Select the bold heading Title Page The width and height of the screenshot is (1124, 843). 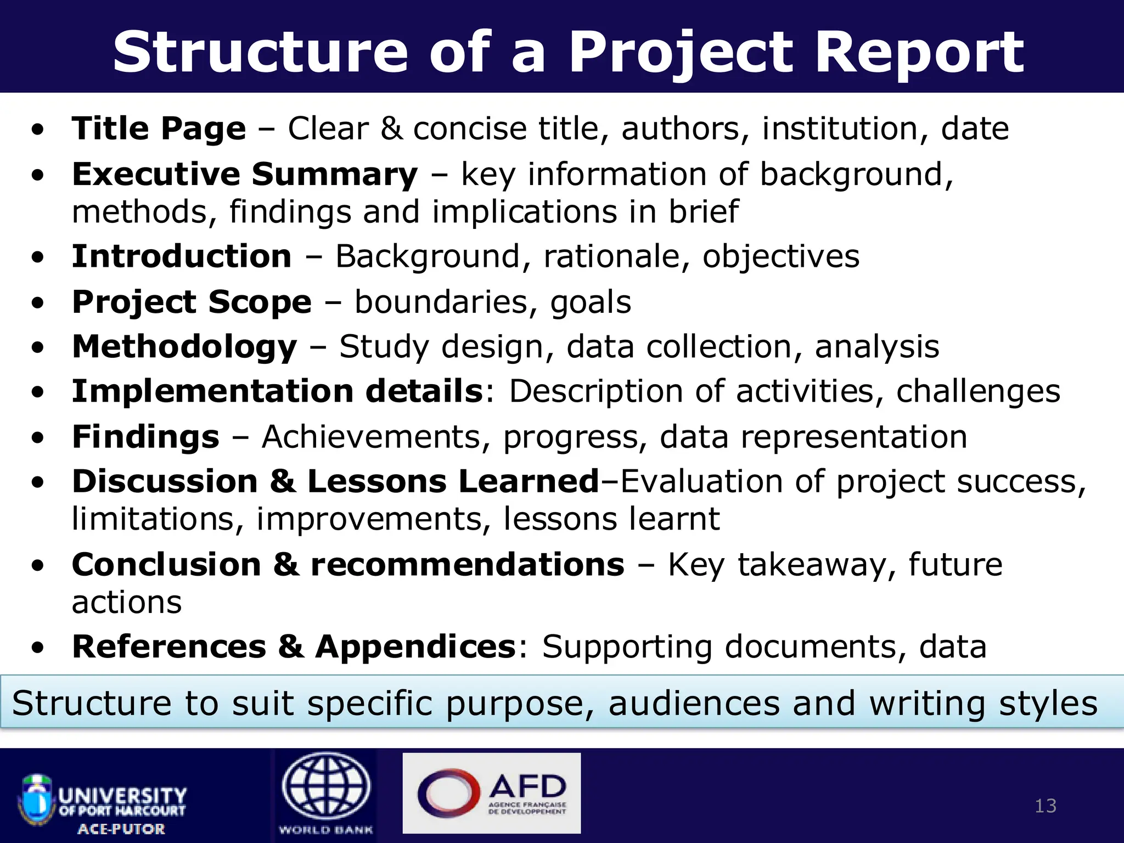[159, 129]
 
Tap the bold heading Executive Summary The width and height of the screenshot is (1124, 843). [245, 175]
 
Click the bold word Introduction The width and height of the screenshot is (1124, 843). [182, 256]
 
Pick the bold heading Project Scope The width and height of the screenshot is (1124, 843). [192, 302]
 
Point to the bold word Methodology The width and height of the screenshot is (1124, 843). [184, 347]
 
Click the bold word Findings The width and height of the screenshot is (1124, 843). [145, 437]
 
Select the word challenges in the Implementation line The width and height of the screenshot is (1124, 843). [978, 391]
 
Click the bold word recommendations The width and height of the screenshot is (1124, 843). [468, 565]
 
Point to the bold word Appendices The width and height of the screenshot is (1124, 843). [415, 647]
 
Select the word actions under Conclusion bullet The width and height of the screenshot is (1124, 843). [127, 603]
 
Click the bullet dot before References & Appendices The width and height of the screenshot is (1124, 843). [37, 648]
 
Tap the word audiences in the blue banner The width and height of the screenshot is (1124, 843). [694, 704]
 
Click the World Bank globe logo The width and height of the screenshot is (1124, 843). [326, 788]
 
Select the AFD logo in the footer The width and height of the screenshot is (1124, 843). [492, 793]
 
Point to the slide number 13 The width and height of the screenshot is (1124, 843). [1045, 806]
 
